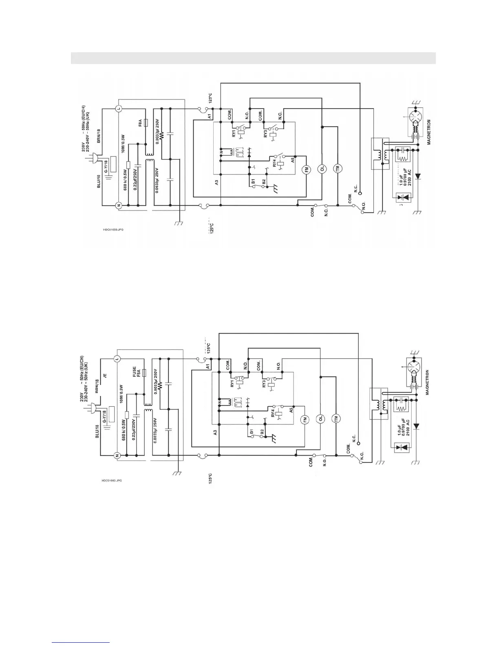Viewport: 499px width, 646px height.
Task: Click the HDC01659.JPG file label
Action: pos(113,230)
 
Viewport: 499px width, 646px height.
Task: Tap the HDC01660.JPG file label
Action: pos(112,480)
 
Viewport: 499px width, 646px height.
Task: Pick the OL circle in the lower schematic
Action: pos(321,419)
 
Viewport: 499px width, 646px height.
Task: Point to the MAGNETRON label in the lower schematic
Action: pos(428,382)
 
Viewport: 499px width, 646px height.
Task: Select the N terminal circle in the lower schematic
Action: pos(117,455)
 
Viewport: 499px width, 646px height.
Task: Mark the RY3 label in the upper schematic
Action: pos(265,133)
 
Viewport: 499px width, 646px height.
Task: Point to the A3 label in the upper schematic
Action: pos(216,182)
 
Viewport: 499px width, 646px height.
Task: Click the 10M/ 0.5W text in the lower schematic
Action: pos(121,393)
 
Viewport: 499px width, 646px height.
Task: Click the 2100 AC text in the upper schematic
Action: pos(410,175)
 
